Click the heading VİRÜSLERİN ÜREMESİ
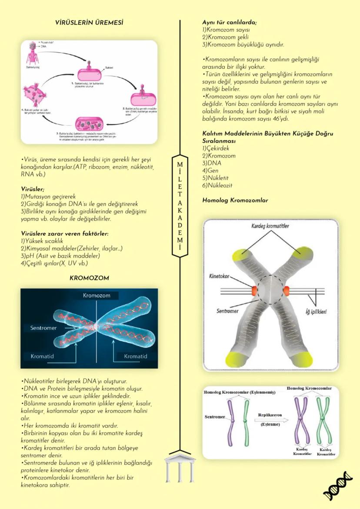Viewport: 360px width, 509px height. tap(89, 22)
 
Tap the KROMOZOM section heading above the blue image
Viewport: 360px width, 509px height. tap(89, 277)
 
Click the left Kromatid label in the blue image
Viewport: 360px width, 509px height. tap(42, 356)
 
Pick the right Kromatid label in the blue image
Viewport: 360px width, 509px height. tap(135, 356)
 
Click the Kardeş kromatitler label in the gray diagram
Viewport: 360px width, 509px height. tap(270, 226)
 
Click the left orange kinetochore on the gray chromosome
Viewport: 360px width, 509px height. tap(253, 289)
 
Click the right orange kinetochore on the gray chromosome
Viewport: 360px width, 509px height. tap(286, 289)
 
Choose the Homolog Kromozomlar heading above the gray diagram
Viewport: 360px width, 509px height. tap(235, 200)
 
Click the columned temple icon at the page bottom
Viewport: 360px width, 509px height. tap(180, 468)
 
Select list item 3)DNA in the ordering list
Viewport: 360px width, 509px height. tap(212, 163)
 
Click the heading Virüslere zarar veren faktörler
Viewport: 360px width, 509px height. tap(64, 233)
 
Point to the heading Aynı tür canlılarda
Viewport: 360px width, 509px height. tap(230, 22)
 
